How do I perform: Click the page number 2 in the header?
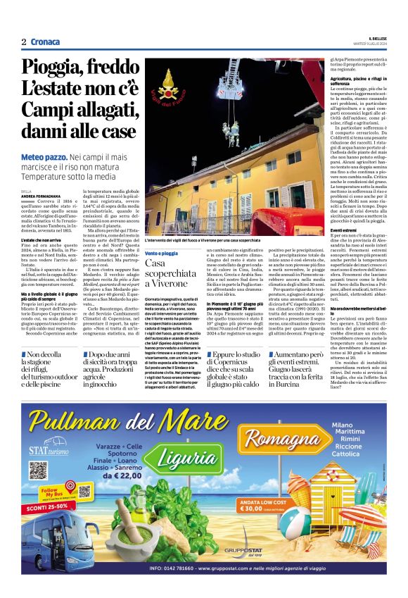[24, 42]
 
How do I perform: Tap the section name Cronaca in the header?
[45, 42]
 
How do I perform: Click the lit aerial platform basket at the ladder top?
[232, 67]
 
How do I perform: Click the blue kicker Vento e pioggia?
[162, 253]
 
